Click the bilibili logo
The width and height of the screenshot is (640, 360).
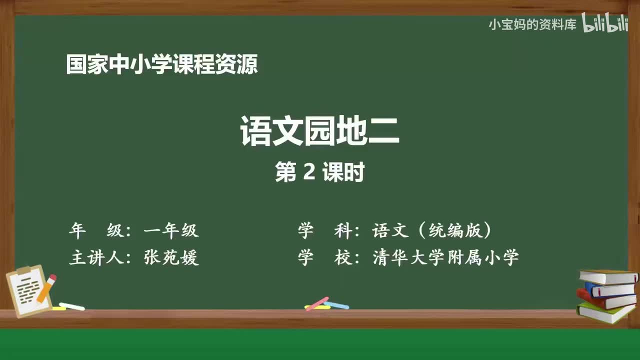605,22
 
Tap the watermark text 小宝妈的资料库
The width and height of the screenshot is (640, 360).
532,25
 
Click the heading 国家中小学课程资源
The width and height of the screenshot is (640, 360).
162,64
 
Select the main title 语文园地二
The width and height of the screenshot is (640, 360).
319,131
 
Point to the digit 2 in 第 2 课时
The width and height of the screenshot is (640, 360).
309,171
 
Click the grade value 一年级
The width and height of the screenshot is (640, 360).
171,230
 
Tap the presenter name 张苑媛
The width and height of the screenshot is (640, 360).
171,257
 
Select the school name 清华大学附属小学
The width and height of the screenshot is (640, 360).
445,257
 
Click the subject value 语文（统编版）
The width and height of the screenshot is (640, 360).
431,230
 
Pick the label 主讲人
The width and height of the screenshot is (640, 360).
96,257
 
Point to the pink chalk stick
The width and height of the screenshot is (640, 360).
317,303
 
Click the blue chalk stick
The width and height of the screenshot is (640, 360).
336,305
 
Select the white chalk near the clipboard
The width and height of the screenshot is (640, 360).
71,306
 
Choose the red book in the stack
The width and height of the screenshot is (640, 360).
605,300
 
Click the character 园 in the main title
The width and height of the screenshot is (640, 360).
319,131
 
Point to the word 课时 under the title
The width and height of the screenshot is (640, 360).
343,171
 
